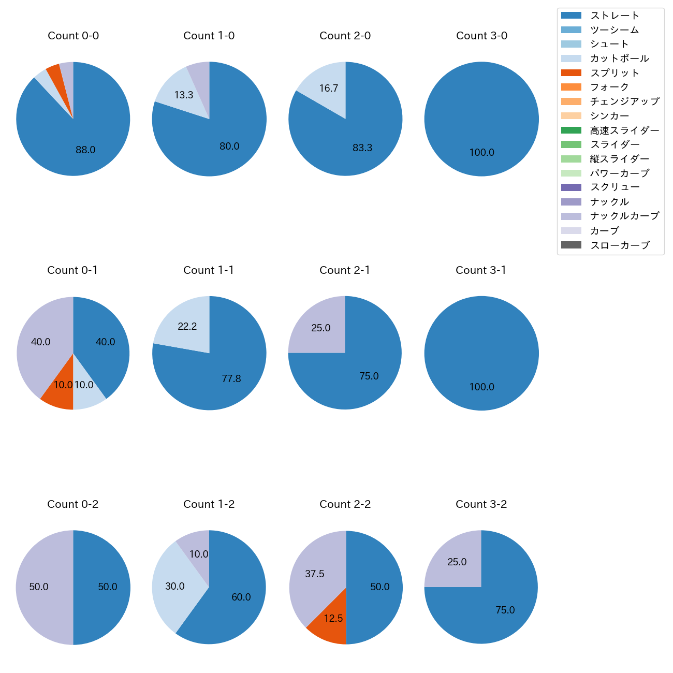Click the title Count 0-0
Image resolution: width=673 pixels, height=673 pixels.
[73, 36]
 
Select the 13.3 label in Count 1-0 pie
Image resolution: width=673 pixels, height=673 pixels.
[184, 95]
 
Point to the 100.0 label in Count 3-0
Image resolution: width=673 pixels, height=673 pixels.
[481, 153]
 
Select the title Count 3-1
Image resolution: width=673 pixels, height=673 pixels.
[481, 270]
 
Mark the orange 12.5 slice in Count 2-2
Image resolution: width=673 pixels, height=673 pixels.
[331, 621]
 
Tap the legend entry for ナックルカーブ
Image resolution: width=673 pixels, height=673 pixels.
[624, 216]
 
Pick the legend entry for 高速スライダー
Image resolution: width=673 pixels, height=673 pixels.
[624, 130]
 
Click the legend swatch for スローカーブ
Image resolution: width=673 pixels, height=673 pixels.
[571, 245]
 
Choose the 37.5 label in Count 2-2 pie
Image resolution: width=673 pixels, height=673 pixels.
[315, 574]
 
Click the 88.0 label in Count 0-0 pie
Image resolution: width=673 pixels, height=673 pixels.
[85, 150]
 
